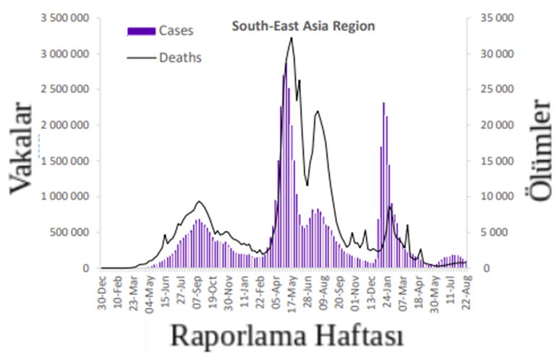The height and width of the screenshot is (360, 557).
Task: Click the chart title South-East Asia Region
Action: pos(303,27)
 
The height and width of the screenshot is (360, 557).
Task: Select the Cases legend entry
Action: pos(177,30)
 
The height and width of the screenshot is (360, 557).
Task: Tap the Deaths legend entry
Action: pos(179,57)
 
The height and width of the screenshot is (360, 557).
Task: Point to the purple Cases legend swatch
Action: pos(141,31)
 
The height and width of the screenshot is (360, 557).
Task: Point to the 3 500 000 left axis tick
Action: pos(63,18)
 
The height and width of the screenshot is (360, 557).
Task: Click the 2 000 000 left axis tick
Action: pos(63,125)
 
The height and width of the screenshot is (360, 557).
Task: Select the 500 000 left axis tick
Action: pos(69,232)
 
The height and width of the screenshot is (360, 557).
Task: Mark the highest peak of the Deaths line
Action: pos(291,38)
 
